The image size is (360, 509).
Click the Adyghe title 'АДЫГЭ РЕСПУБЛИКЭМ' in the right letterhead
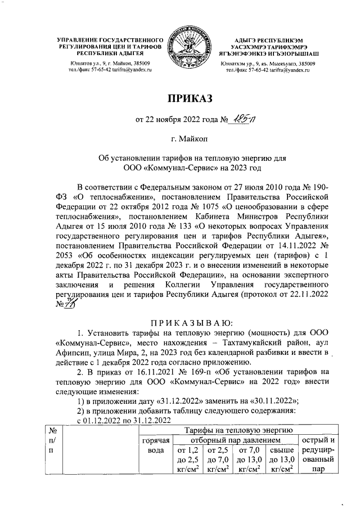point(270,40)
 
